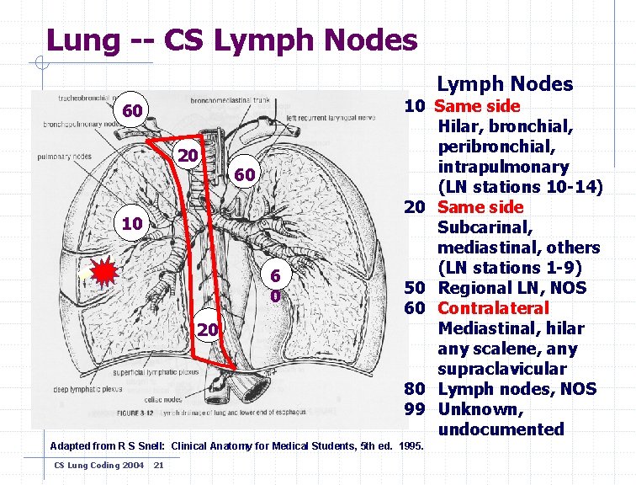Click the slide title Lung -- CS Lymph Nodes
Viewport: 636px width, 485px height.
pos(231,39)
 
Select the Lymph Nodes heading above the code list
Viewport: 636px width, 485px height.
pos(505,83)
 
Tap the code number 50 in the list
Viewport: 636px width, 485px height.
pos(414,288)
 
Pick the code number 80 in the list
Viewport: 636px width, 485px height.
pos(414,389)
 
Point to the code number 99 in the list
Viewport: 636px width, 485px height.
pos(414,409)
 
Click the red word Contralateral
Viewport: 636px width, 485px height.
pos(493,308)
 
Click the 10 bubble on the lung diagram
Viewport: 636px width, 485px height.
pos(131,224)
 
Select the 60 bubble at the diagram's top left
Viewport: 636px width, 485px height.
pos(131,111)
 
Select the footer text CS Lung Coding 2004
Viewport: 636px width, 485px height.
pos(87,465)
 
